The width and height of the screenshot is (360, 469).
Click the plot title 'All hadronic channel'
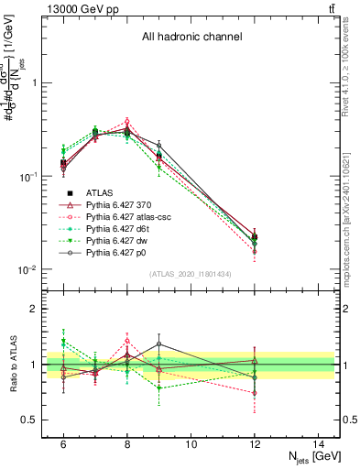tap(191, 38)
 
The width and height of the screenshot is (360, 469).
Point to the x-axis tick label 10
tap(191, 443)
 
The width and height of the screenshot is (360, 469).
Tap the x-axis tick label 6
tap(63, 443)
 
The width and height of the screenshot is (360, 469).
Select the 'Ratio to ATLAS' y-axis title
tap(12, 364)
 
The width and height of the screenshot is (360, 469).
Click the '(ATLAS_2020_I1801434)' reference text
tap(191, 274)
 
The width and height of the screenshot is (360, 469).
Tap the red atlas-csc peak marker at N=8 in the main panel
tap(127, 121)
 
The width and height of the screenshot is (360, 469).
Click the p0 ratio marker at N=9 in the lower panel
tap(158, 344)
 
